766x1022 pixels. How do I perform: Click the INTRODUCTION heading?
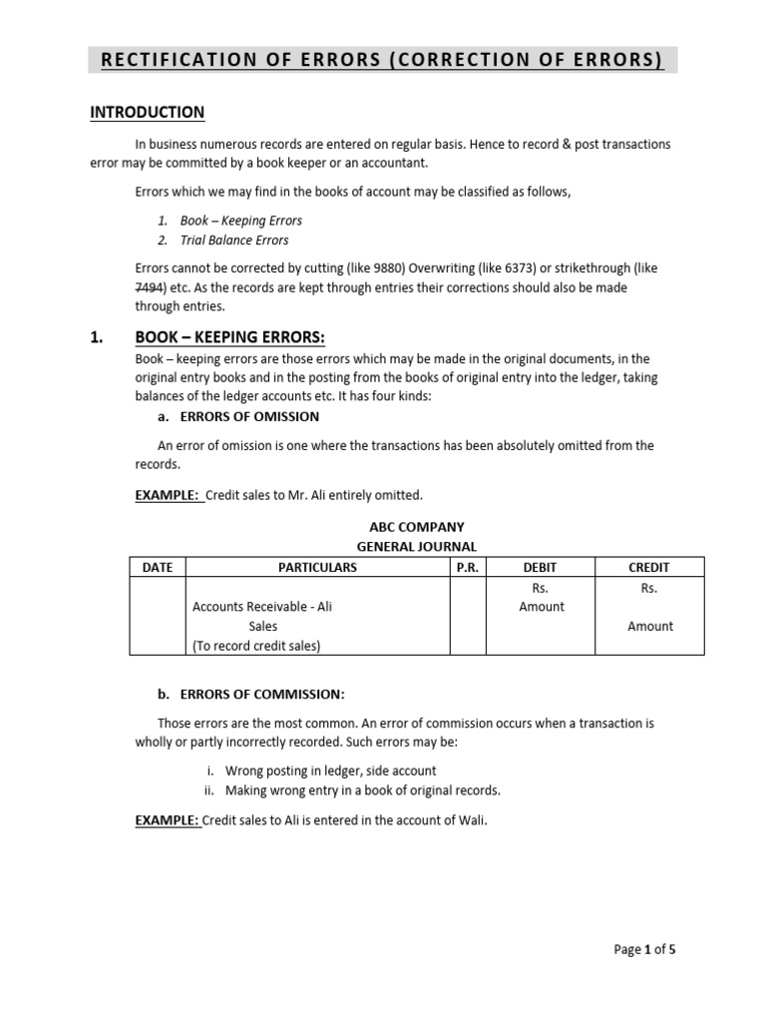[x=148, y=113]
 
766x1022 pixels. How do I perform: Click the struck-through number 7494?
[x=150, y=287]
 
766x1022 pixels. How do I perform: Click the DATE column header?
[x=158, y=567]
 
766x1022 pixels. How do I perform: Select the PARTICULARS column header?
[x=317, y=567]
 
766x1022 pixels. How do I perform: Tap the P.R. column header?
[x=468, y=567]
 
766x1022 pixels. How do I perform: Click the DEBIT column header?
[x=541, y=567]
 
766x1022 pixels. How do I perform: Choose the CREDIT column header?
[x=649, y=567]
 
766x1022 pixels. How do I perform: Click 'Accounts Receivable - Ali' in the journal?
[x=261, y=607]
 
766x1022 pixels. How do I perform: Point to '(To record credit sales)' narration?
[x=256, y=646]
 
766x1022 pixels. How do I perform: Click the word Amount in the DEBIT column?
[x=542, y=607]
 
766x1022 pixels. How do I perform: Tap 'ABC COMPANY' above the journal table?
[x=417, y=527]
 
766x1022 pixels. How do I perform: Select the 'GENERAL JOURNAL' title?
[x=417, y=546]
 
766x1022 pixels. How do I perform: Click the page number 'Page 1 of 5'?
[x=644, y=949]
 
